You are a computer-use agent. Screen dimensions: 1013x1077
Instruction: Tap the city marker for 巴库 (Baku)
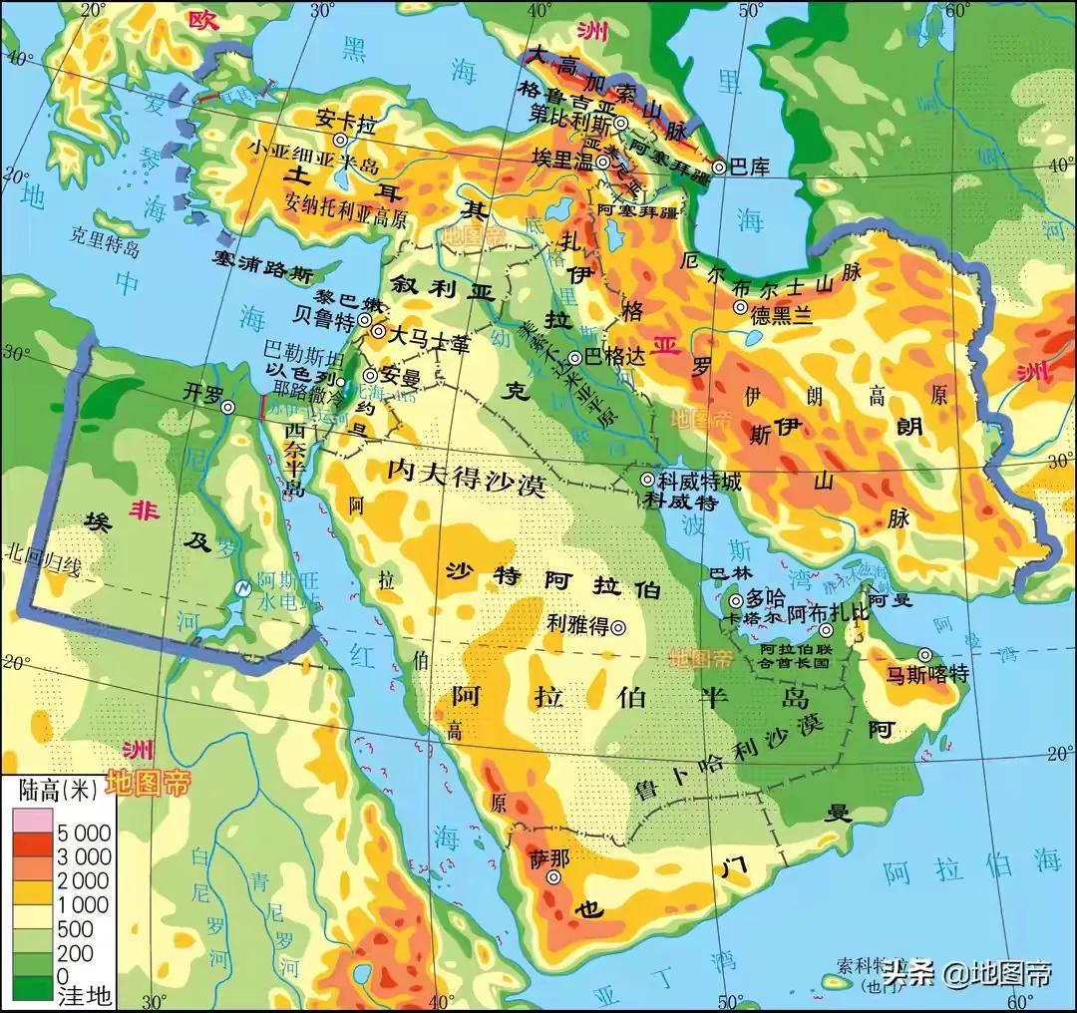719,167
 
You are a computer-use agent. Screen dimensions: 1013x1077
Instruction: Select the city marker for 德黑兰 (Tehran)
739,308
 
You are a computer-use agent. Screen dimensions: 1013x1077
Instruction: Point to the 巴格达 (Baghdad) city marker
574,358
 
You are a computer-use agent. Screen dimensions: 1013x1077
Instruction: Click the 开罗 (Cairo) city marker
227,407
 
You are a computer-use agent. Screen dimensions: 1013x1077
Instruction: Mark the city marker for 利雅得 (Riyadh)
618,627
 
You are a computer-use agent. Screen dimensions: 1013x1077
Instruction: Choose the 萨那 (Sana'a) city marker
554,877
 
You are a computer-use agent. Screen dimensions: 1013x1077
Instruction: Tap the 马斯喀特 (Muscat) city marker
925,655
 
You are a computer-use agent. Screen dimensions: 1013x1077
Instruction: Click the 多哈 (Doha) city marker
736,601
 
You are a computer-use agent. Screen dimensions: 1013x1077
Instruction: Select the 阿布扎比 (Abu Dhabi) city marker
826,630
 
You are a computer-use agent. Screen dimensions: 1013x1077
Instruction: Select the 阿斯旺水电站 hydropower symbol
241,588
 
